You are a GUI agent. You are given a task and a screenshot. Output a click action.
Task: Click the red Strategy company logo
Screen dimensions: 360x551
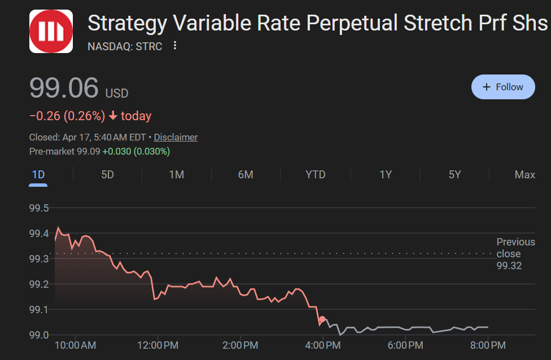click(51, 32)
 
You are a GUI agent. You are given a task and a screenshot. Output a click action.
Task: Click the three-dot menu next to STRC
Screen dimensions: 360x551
click(175, 46)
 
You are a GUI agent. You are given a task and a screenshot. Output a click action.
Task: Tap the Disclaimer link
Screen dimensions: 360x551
click(176, 137)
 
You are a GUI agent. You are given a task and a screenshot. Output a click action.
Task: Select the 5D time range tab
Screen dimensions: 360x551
click(107, 174)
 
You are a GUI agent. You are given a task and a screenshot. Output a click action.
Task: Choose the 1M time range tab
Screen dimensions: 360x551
click(177, 174)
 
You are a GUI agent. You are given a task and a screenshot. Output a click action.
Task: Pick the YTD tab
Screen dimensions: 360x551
click(315, 174)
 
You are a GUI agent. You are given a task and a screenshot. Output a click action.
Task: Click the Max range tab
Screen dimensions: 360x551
click(524, 174)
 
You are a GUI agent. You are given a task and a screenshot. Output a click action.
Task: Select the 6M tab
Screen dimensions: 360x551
click(246, 174)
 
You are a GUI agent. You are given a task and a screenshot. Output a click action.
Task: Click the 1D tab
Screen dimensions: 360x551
click(38, 174)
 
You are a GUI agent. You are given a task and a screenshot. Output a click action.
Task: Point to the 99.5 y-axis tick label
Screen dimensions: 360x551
click(39, 208)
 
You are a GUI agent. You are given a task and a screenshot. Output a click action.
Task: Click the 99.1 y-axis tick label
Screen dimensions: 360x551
click(39, 310)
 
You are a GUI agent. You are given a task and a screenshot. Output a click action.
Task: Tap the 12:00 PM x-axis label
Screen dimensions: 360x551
click(158, 345)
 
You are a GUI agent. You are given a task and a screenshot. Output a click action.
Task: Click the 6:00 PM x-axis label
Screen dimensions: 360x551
click(405, 345)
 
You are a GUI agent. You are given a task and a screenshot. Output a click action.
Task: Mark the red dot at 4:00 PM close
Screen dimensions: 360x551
click(322, 319)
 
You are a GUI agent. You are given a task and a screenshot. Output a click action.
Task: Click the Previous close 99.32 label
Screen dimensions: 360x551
click(515, 254)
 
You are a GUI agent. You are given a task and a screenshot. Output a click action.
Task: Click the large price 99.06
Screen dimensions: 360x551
click(64, 88)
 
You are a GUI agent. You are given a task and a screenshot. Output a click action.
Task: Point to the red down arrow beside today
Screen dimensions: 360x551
click(112, 116)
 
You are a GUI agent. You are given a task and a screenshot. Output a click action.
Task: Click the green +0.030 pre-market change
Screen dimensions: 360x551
click(117, 151)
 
